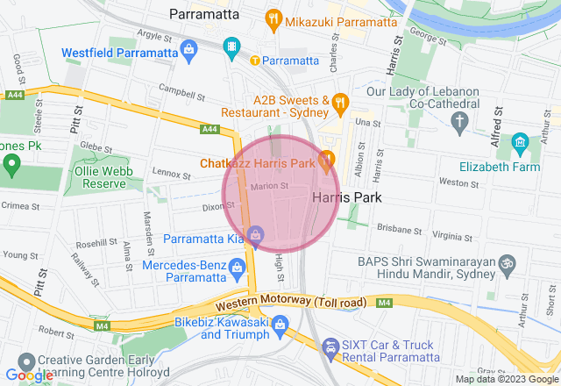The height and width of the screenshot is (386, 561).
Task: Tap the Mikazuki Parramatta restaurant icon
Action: click(x=273, y=18)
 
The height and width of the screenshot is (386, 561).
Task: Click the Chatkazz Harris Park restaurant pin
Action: click(x=326, y=159)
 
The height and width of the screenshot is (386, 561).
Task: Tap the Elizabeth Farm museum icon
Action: click(x=520, y=141)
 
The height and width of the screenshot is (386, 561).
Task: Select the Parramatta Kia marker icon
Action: click(x=254, y=234)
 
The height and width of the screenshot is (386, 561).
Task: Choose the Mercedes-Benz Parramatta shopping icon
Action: click(x=236, y=266)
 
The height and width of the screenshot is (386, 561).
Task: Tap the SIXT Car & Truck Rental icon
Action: click(x=330, y=348)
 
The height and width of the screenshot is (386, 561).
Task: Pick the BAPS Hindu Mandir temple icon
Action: click(x=506, y=262)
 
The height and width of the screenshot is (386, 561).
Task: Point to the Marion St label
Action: click(x=268, y=186)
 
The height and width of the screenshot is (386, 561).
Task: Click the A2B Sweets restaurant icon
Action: click(x=342, y=106)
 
